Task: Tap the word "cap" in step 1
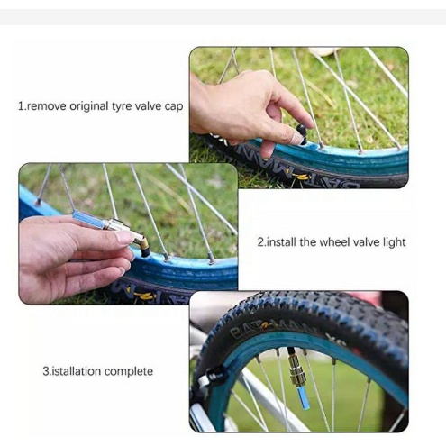[174, 107]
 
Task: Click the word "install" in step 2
[281, 241]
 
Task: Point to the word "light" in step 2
[394, 242]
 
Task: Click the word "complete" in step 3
[129, 372]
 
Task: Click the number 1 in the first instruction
[21, 106]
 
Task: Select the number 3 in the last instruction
[46, 371]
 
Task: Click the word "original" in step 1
[89, 107]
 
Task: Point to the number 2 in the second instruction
[260, 242]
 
